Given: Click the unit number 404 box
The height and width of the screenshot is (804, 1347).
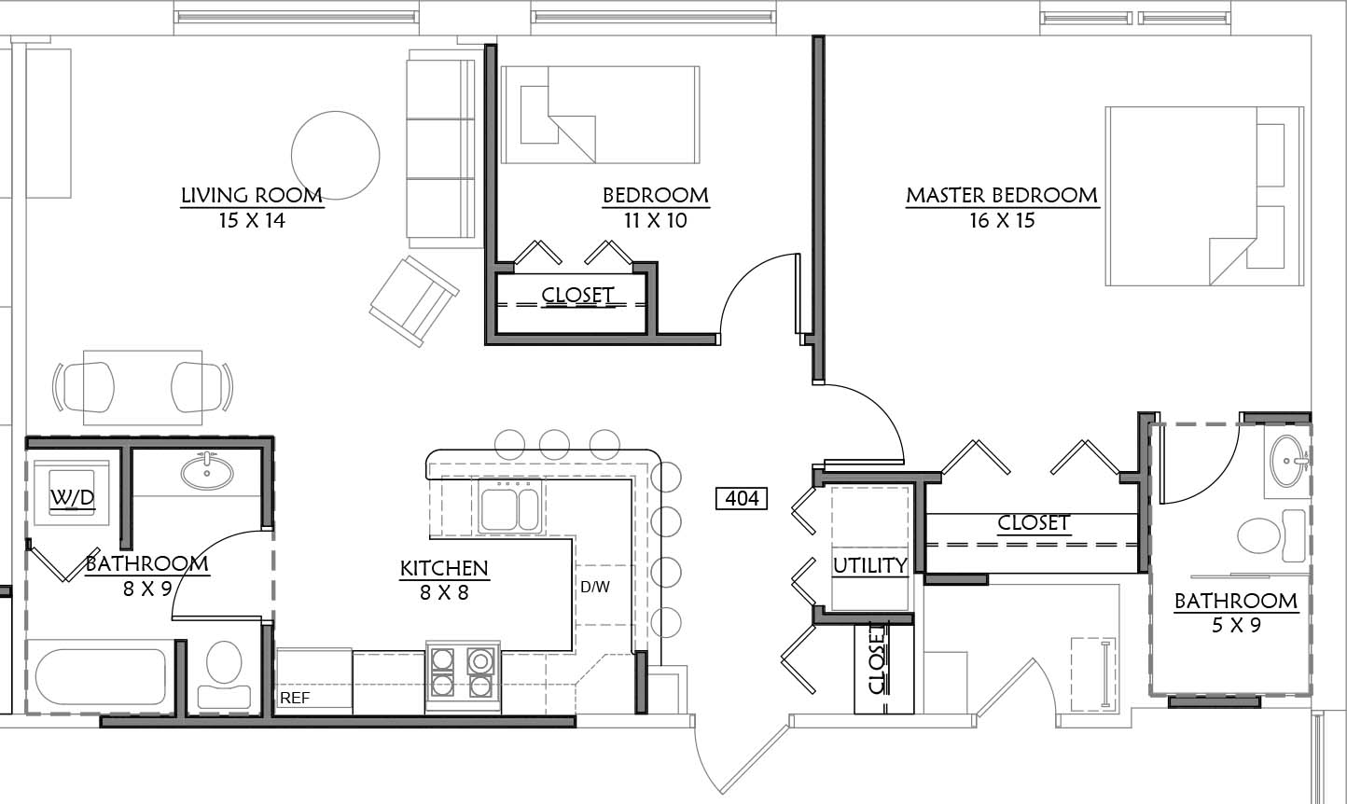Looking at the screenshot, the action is pyautogui.click(x=742, y=498).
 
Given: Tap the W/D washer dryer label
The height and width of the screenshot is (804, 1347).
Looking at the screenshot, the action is pyautogui.click(x=72, y=497).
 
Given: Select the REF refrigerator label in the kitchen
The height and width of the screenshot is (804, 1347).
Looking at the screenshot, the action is pyautogui.click(x=295, y=698).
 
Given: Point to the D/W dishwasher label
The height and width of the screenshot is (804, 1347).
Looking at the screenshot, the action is pyautogui.click(x=595, y=587).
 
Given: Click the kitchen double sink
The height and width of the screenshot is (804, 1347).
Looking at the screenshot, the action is pyautogui.click(x=510, y=508).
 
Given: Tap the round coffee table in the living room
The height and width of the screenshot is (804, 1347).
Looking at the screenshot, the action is pyautogui.click(x=336, y=155).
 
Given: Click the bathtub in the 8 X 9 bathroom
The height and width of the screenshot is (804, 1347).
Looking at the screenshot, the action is pyautogui.click(x=101, y=676).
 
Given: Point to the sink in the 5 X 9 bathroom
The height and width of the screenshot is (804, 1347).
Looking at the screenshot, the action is pyautogui.click(x=1288, y=461).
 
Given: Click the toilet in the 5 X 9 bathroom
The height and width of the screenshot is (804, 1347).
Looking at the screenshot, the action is pyautogui.click(x=1271, y=535).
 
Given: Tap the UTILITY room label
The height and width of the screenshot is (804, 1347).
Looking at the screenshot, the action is pyautogui.click(x=869, y=565).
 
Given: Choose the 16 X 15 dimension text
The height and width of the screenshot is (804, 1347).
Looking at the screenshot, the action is pyautogui.click(x=1002, y=221).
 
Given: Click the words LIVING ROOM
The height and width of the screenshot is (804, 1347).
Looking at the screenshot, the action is pyautogui.click(x=252, y=196).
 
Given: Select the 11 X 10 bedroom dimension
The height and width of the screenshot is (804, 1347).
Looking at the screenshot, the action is pyautogui.click(x=656, y=221).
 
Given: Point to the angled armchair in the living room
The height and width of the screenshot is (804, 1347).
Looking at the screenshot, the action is pyautogui.click(x=414, y=300).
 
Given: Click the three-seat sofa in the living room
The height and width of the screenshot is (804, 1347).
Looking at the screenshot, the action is pyautogui.click(x=442, y=148).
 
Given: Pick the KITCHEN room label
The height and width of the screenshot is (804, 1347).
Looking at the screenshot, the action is pyautogui.click(x=444, y=568).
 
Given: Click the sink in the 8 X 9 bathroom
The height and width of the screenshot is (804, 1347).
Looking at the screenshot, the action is pyautogui.click(x=207, y=471).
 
